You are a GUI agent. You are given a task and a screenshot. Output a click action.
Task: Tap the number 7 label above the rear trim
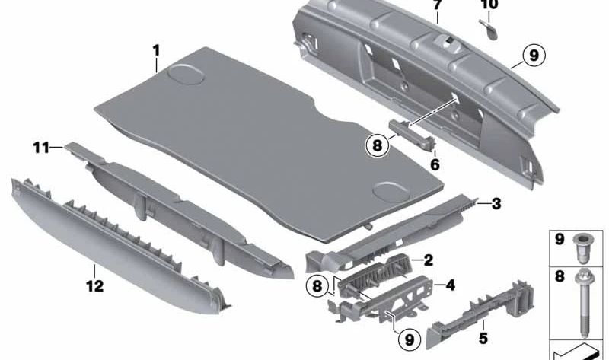[x=437, y=5]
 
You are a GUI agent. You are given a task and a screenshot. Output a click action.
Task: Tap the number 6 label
[x=435, y=163]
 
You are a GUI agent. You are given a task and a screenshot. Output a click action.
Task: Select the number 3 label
[x=496, y=203]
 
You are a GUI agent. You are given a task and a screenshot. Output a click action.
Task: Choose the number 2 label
[x=428, y=260]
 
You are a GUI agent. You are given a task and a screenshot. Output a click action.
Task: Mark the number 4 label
[x=450, y=286]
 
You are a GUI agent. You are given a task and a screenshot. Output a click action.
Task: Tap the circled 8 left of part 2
[x=317, y=286]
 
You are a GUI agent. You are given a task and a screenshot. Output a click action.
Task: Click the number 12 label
[x=94, y=288]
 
